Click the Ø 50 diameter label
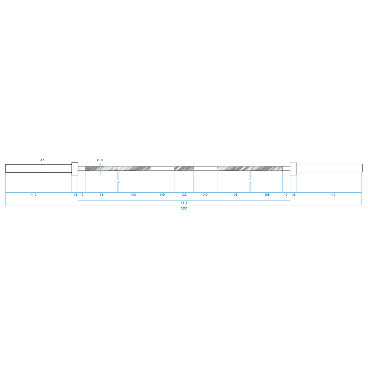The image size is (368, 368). click(x=43, y=160)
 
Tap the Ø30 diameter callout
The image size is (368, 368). click(x=100, y=160)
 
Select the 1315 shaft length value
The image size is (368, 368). click(x=184, y=203)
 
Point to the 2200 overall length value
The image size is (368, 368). click(x=184, y=209)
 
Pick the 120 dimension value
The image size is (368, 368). click(x=184, y=195)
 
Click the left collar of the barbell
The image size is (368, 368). click(x=75, y=169)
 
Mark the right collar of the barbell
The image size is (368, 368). click(x=293, y=169)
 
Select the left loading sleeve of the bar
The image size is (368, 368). click(x=38, y=168)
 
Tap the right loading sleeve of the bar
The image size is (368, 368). click(x=329, y=168)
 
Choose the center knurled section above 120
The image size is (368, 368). click(x=184, y=168)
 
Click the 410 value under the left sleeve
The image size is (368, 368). click(x=34, y=195)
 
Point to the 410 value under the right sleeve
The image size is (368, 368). click(x=332, y=195)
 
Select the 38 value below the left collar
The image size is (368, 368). click(x=76, y=195)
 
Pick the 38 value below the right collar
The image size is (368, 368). click(x=294, y=195)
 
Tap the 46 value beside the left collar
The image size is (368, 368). click(x=82, y=195)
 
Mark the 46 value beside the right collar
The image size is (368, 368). click(x=286, y=195)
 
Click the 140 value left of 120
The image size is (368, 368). click(x=162, y=195)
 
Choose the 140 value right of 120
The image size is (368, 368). click(x=205, y=195)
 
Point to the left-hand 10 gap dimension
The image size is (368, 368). click(x=118, y=182)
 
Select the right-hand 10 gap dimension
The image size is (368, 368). click(x=250, y=182)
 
